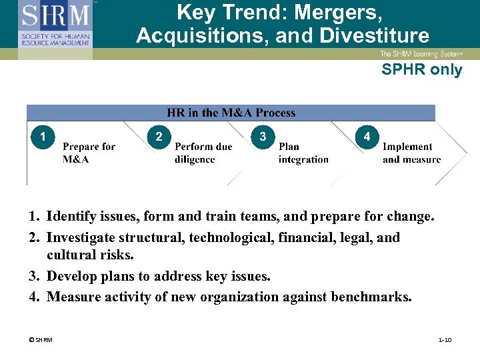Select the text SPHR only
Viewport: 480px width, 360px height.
[421, 69]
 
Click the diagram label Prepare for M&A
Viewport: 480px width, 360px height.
[89, 153]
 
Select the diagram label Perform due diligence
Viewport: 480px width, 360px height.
[203, 153]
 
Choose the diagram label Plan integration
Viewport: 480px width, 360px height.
[303, 153]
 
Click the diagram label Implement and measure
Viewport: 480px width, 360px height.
[411, 153]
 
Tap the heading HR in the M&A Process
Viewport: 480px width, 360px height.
[231, 113]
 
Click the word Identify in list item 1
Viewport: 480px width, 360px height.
[72, 217]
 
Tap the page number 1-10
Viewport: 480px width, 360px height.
[445, 340]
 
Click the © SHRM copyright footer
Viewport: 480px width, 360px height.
[41, 340]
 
